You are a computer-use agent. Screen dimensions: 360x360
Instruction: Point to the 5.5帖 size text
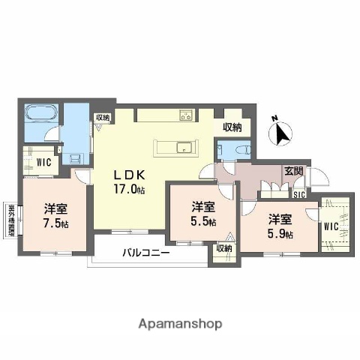[x=202, y=221]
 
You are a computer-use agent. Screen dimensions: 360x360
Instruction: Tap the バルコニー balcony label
[x=146, y=253]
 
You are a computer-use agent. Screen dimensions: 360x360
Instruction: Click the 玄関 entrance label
[x=293, y=172]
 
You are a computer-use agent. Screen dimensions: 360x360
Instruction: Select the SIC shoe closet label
[x=298, y=194]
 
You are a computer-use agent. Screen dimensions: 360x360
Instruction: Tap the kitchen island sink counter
[x=181, y=147]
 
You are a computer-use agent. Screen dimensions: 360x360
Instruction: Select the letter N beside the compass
[x=274, y=118]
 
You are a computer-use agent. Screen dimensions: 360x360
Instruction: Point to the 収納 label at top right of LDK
[x=231, y=127]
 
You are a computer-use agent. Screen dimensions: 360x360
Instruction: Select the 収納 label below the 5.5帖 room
[x=223, y=248]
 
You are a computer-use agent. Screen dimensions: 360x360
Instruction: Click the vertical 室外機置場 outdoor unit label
[x=12, y=219]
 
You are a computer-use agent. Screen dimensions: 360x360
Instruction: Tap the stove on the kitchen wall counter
[x=185, y=115]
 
